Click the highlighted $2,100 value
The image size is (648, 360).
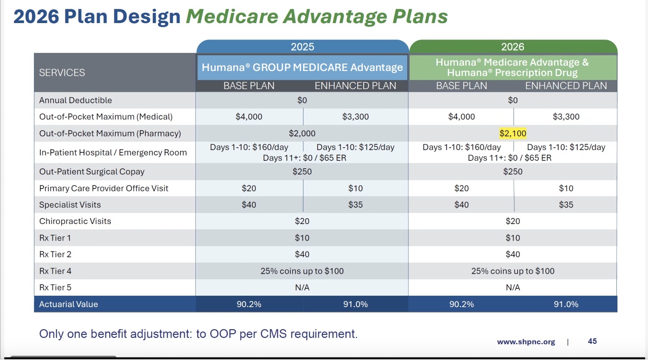click(x=513, y=133)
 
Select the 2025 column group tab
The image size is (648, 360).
click(x=302, y=47)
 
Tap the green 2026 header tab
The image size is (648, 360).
click(x=513, y=47)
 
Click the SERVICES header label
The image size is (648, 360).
click(x=62, y=73)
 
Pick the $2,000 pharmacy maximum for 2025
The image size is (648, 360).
click(x=302, y=133)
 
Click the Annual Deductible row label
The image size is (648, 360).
click(x=75, y=100)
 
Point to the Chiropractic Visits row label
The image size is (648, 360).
click(x=75, y=221)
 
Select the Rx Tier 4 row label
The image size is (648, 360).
click(x=55, y=271)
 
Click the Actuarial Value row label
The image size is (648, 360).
click(x=69, y=304)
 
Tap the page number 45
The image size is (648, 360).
click(x=592, y=341)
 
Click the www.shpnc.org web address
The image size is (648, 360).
click(x=526, y=342)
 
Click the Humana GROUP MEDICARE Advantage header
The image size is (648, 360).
click(x=302, y=67)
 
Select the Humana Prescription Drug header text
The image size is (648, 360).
click(x=512, y=73)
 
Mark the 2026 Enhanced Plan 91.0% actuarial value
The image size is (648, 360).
click(x=566, y=304)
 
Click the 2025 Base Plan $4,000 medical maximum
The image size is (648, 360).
click(x=249, y=117)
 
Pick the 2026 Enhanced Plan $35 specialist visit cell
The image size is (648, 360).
click(x=566, y=205)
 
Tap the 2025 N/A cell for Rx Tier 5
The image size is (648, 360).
click(x=302, y=288)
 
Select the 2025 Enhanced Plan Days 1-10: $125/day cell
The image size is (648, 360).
click(x=355, y=147)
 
